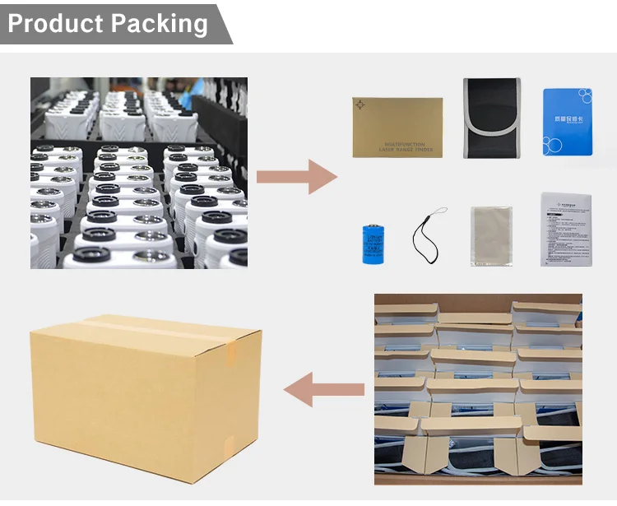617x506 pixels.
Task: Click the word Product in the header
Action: coord(55,23)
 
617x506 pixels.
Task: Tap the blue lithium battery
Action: coord(374,243)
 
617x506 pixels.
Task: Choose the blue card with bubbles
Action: coord(568,121)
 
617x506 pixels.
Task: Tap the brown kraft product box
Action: coord(397,128)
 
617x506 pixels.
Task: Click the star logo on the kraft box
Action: coord(363,105)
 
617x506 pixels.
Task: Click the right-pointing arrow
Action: coord(296,177)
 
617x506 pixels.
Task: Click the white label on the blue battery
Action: coord(374,239)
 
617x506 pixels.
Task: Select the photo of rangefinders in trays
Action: coord(138,173)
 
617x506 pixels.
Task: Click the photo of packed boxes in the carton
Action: coord(478,388)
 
